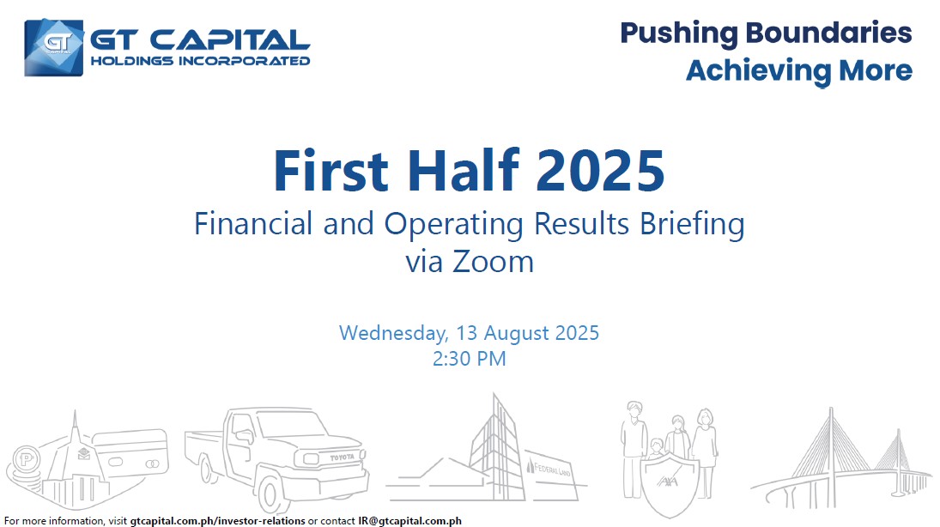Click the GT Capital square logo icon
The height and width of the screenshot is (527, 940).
coord(54,47)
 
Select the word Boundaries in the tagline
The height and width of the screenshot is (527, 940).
coord(828,33)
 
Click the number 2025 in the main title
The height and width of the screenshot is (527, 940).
coord(600,171)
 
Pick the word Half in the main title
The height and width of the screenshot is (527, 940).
coord(463,170)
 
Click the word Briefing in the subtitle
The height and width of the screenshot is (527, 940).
coord(693,225)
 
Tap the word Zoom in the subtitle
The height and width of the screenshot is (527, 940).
coord(494,262)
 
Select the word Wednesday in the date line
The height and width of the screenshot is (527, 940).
coord(393,333)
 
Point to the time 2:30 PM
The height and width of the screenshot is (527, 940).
coord(470,359)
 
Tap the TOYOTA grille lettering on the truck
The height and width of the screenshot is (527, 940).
coord(343,457)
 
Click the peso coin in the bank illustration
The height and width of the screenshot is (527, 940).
coord(26,460)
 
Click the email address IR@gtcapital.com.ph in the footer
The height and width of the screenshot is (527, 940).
coord(410,521)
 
